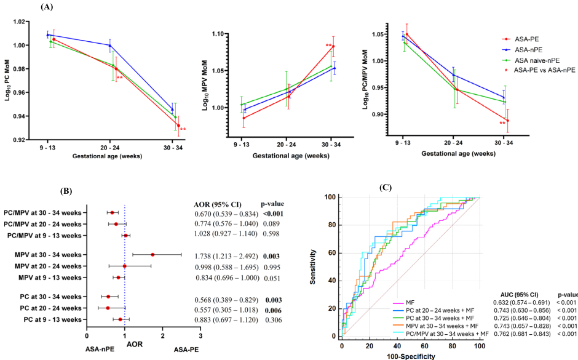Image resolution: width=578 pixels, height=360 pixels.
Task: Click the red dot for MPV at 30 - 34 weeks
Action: point(152,254)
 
